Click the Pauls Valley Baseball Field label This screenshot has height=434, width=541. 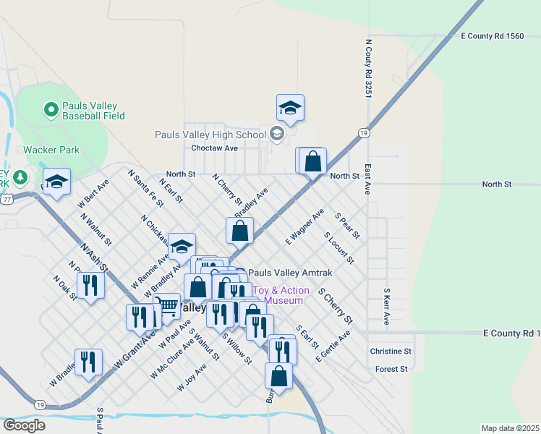(x=93, y=111)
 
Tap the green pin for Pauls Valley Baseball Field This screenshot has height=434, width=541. (x=51, y=110)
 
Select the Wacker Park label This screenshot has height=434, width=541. (x=51, y=150)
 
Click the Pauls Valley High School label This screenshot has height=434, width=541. (x=210, y=135)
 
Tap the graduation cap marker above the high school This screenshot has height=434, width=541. (x=290, y=109)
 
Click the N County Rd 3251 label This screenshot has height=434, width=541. (x=368, y=69)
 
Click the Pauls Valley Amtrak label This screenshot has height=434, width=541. (x=290, y=273)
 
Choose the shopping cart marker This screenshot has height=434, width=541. (x=169, y=305)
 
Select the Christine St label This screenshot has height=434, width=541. (x=391, y=351)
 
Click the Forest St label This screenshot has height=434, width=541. (x=392, y=369)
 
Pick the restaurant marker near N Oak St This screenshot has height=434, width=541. (x=90, y=285)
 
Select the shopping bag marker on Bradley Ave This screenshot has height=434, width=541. (x=240, y=231)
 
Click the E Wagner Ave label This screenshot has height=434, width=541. (x=304, y=226)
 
